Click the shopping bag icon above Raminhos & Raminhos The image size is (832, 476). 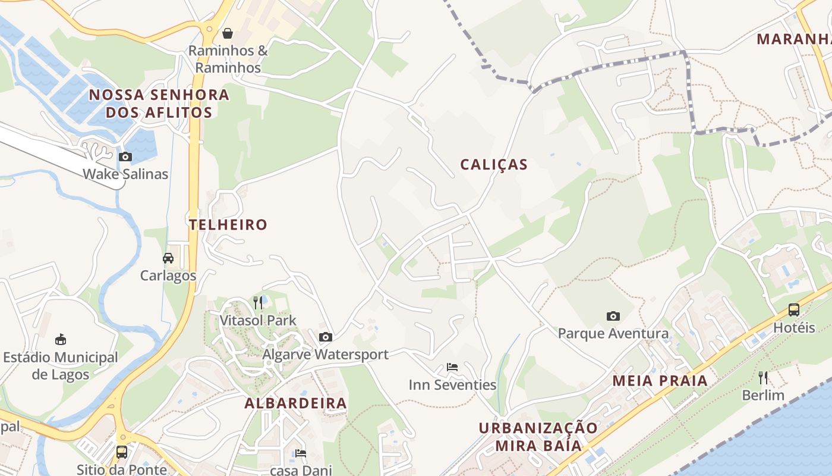[x=227, y=33]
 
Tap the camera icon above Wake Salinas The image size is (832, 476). [x=125, y=157]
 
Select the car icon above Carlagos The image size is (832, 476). [x=168, y=258]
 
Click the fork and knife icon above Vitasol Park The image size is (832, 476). [x=258, y=303]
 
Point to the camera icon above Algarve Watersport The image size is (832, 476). [x=325, y=337]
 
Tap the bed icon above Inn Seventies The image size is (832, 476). [x=452, y=367]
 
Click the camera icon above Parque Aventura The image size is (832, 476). [x=613, y=316]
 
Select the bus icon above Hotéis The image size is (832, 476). [x=794, y=309]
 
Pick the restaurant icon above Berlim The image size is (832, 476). [x=763, y=377]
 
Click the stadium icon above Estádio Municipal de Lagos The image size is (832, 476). [x=60, y=340]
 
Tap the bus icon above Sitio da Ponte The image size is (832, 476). [x=122, y=452]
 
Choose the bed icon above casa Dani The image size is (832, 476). [x=301, y=453]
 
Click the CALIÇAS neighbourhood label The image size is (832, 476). [x=494, y=165]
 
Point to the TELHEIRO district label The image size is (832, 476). [x=228, y=225]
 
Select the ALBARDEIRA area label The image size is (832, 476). [x=296, y=403]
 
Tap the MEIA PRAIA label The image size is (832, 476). [x=660, y=381]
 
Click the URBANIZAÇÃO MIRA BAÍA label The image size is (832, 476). [x=538, y=437]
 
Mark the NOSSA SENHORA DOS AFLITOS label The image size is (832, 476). [x=159, y=104]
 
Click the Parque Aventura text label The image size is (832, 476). [x=613, y=334]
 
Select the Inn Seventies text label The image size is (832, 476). [x=452, y=385]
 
